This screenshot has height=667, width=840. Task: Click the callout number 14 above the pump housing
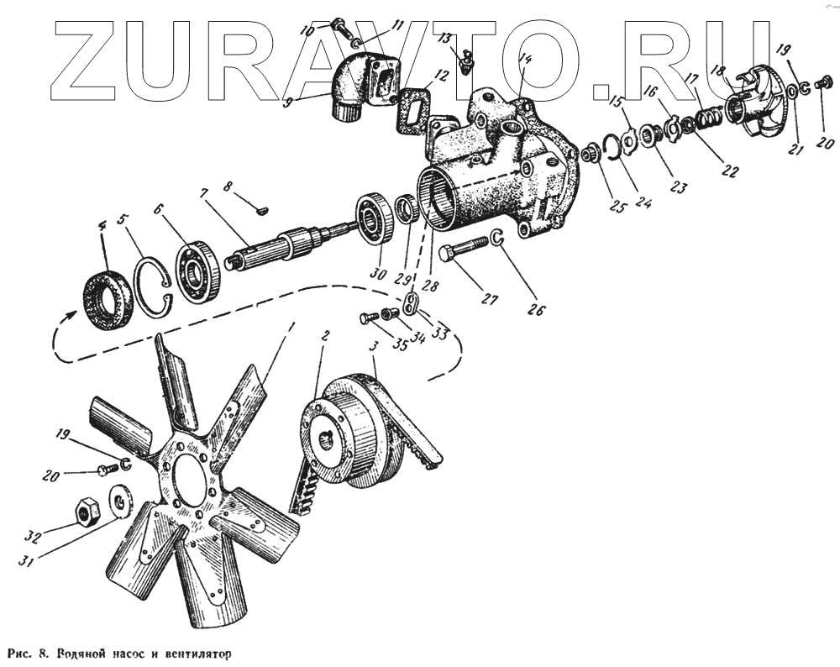click(525, 60)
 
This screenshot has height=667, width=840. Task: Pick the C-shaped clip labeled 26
click(496, 240)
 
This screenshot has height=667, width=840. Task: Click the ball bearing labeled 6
click(198, 270)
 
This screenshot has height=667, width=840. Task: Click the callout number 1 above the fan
click(291, 324)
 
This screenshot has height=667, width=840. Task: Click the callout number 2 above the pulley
click(326, 334)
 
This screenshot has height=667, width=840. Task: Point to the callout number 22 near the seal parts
click(729, 171)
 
